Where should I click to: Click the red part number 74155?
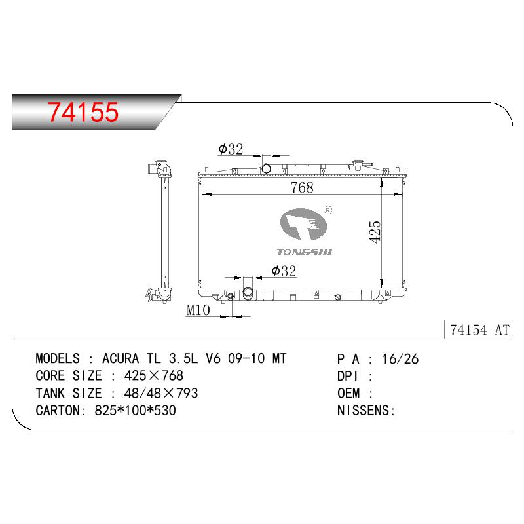83,111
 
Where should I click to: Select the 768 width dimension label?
302,187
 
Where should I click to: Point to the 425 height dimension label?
375,232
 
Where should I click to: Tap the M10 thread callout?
198,310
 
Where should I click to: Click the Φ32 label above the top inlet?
231,149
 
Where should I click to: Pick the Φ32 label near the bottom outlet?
284,271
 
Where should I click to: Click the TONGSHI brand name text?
304,252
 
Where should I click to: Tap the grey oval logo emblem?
303,224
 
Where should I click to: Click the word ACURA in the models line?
121,358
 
